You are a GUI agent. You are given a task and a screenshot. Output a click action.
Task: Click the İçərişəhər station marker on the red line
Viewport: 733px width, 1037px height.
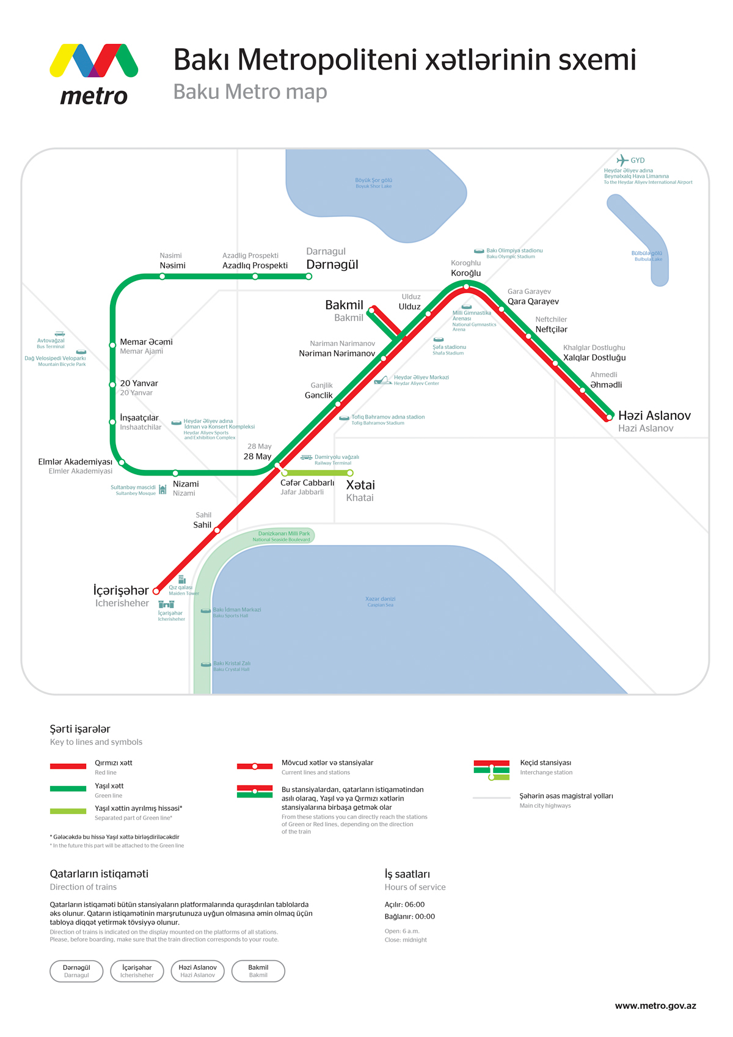(156, 591)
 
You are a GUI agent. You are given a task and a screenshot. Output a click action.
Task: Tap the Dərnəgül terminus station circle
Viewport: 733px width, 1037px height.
(309, 277)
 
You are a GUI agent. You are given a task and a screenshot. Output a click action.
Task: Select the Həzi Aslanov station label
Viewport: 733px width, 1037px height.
(654, 416)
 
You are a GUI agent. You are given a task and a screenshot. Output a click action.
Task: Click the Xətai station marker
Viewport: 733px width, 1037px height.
(350, 473)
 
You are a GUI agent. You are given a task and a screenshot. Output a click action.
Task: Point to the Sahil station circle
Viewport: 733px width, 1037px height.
(217, 530)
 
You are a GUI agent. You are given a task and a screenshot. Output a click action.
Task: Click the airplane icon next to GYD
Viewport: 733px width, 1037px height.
(622, 160)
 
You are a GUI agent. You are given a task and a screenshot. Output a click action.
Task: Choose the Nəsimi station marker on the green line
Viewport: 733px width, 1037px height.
(162, 277)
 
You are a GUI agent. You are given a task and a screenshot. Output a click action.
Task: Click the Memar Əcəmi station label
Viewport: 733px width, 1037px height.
(146, 342)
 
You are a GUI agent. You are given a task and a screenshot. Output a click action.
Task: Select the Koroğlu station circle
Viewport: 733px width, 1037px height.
(466, 287)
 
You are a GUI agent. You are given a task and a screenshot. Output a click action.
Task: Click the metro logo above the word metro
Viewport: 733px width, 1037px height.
(93, 60)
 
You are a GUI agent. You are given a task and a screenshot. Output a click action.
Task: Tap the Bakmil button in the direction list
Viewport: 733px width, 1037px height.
(258, 970)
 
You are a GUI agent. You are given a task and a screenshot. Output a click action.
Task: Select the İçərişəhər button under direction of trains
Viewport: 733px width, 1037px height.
(137, 970)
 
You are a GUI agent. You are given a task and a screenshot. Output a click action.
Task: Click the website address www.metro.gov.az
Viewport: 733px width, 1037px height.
(655, 1006)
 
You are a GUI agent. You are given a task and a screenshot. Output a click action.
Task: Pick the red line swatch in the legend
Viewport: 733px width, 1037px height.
(68, 766)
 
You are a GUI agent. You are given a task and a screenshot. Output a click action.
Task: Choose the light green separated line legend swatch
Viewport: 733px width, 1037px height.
(68, 811)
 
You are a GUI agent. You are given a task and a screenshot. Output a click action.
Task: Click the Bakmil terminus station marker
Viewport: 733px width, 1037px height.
(373, 309)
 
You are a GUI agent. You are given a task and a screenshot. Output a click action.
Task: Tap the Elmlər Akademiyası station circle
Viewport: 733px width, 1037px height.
(122, 463)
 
